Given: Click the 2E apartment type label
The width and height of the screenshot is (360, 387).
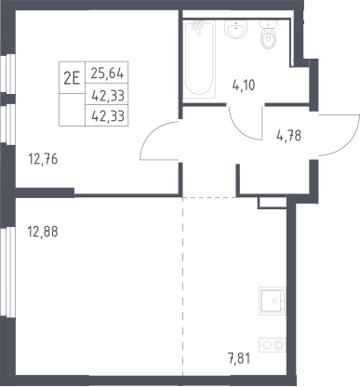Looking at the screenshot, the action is point(72,77).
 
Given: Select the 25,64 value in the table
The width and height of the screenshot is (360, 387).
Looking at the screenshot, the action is point(108,73).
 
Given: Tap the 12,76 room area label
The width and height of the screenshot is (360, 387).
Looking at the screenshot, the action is point(43,159).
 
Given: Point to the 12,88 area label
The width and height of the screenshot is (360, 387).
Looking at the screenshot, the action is point(43,232).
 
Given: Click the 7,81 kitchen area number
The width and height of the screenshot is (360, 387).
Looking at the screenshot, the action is point(238,358).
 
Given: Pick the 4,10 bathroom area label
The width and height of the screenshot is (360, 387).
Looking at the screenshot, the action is point(244,85).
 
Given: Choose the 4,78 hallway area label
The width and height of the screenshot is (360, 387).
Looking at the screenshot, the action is point(288,136).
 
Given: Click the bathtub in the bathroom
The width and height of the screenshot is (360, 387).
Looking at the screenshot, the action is point(199,59).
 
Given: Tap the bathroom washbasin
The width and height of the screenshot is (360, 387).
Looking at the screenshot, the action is point(236,29).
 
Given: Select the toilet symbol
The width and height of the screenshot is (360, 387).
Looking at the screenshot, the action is point(269,34).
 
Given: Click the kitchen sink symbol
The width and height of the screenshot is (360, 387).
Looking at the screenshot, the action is point(273,300).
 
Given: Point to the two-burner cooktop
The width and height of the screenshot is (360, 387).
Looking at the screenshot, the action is point(273,345).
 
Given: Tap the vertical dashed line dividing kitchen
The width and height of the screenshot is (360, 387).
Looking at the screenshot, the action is point(183,287).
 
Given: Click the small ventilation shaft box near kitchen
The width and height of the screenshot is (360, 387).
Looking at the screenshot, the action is point(272,203).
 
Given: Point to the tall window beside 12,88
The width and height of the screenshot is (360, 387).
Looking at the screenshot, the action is point(10,272).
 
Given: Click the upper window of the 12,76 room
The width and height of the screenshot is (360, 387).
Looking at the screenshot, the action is point(10,73).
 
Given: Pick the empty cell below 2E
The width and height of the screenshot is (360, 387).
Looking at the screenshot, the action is point(72,110).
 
